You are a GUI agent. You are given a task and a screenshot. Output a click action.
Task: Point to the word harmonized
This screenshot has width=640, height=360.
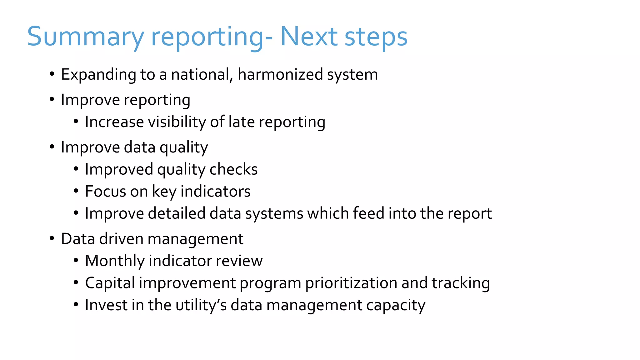[280, 74]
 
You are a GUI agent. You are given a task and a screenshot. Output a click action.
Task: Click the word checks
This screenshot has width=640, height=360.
[233, 169]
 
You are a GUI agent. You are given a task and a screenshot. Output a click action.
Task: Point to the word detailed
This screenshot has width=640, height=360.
[176, 213]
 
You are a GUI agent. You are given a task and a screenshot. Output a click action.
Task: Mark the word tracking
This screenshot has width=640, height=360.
[460, 283]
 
